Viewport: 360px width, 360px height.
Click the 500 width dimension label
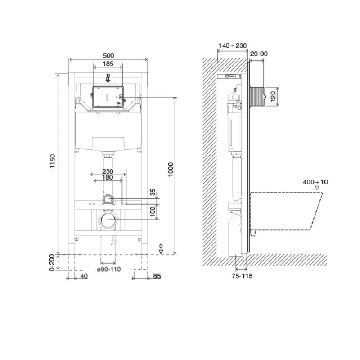[108, 55]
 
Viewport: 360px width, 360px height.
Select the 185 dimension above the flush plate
[108, 63]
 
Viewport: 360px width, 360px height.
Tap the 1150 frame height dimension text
[53, 161]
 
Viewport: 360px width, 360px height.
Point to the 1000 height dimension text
[171, 170]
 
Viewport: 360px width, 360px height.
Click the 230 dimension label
[108, 171]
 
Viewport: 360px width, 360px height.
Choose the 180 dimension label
[108, 177]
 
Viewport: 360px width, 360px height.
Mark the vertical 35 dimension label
[153, 192]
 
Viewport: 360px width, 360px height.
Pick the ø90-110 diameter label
[109, 269]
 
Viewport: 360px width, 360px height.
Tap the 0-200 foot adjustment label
[52, 263]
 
